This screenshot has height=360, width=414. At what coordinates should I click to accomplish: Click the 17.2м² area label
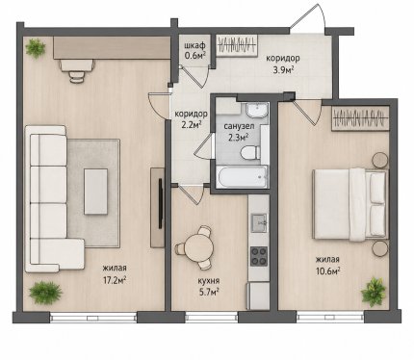click(115, 281)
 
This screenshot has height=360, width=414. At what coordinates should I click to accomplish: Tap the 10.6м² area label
click(328, 271)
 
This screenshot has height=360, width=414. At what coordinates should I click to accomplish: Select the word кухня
click(209, 281)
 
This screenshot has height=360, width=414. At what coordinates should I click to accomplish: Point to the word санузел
click(239, 126)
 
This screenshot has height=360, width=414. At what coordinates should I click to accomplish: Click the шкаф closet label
click(194, 46)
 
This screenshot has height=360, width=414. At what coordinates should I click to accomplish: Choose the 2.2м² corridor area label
click(191, 124)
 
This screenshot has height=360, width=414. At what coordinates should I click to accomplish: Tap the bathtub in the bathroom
click(243, 177)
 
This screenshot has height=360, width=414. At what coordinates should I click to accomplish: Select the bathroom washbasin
click(257, 111)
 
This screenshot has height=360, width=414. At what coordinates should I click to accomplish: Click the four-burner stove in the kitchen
click(259, 256)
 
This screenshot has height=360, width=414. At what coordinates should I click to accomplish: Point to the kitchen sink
click(259, 222)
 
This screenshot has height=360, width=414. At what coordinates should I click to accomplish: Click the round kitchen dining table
click(199, 248)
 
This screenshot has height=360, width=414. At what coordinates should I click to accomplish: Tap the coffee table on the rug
click(95, 192)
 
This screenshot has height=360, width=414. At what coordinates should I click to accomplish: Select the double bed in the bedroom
click(350, 204)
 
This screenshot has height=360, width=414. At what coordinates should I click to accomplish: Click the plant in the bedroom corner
click(373, 292)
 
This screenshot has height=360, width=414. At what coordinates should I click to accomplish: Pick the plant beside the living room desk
click(35, 48)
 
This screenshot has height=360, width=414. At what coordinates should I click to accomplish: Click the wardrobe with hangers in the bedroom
click(360, 118)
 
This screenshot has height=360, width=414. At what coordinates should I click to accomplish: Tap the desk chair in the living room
click(77, 75)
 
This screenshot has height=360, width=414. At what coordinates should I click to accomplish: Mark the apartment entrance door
click(309, 16)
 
